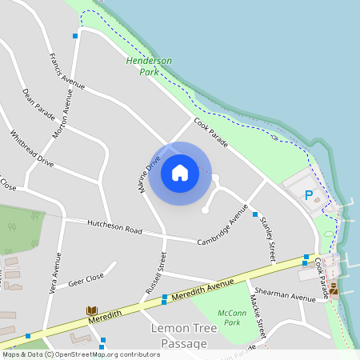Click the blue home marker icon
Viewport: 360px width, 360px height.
[x=180, y=173]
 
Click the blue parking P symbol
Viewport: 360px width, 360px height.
[x=308, y=194]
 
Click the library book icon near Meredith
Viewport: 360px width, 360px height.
[x=91, y=310]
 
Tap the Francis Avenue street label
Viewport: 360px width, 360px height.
[x=66, y=71]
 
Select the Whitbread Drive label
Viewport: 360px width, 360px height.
[x=31, y=149]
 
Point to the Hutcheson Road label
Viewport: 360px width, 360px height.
[x=114, y=227]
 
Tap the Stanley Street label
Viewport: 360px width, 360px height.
[x=268, y=238]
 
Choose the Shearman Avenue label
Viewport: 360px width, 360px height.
[x=292, y=298]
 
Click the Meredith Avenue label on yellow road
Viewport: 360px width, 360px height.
[x=206, y=290]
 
